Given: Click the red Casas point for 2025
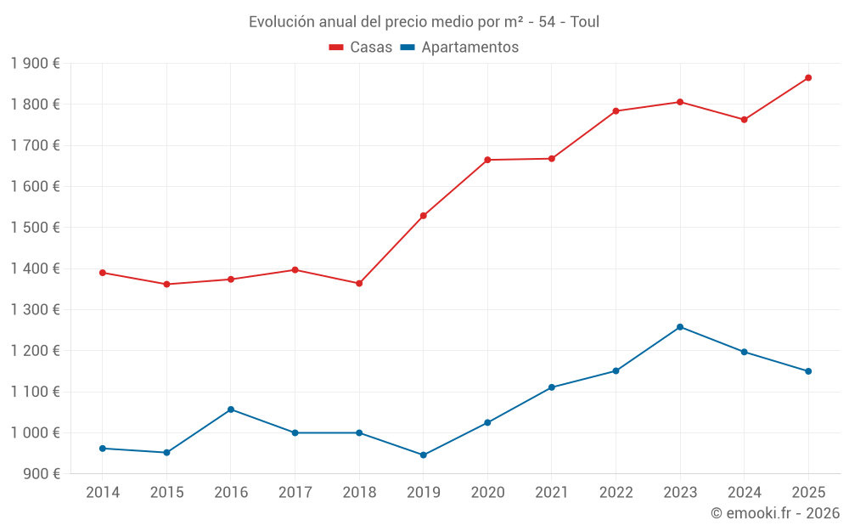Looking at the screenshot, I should click(x=808, y=78).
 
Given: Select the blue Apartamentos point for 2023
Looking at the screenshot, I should click(x=680, y=327).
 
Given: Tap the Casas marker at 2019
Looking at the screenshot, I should click(x=424, y=216).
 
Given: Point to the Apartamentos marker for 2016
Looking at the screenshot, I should click(x=231, y=410).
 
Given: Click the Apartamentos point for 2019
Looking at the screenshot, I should click(x=424, y=455).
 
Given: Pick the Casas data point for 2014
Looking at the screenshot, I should click(x=103, y=273).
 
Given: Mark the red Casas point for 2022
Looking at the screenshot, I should click(x=616, y=111).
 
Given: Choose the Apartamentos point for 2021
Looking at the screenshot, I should click(x=552, y=387).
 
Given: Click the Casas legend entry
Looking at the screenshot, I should click(x=361, y=48).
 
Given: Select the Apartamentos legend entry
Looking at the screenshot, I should click(x=458, y=48).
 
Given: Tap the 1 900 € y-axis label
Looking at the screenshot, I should click(x=36, y=64).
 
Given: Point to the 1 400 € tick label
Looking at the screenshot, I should click(x=36, y=268).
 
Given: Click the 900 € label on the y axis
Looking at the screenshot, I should click(x=41, y=474).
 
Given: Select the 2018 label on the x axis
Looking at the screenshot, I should click(x=359, y=493).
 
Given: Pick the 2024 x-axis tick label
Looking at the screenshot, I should click(x=744, y=493).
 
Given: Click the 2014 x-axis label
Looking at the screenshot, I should click(x=103, y=493).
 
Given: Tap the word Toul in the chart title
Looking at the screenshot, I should click(x=585, y=22).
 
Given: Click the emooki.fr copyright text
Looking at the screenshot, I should click(x=775, y=513).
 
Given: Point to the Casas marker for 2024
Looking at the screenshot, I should click(x=744, y=120).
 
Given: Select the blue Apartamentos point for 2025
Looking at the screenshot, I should click(x=808, y=371).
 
